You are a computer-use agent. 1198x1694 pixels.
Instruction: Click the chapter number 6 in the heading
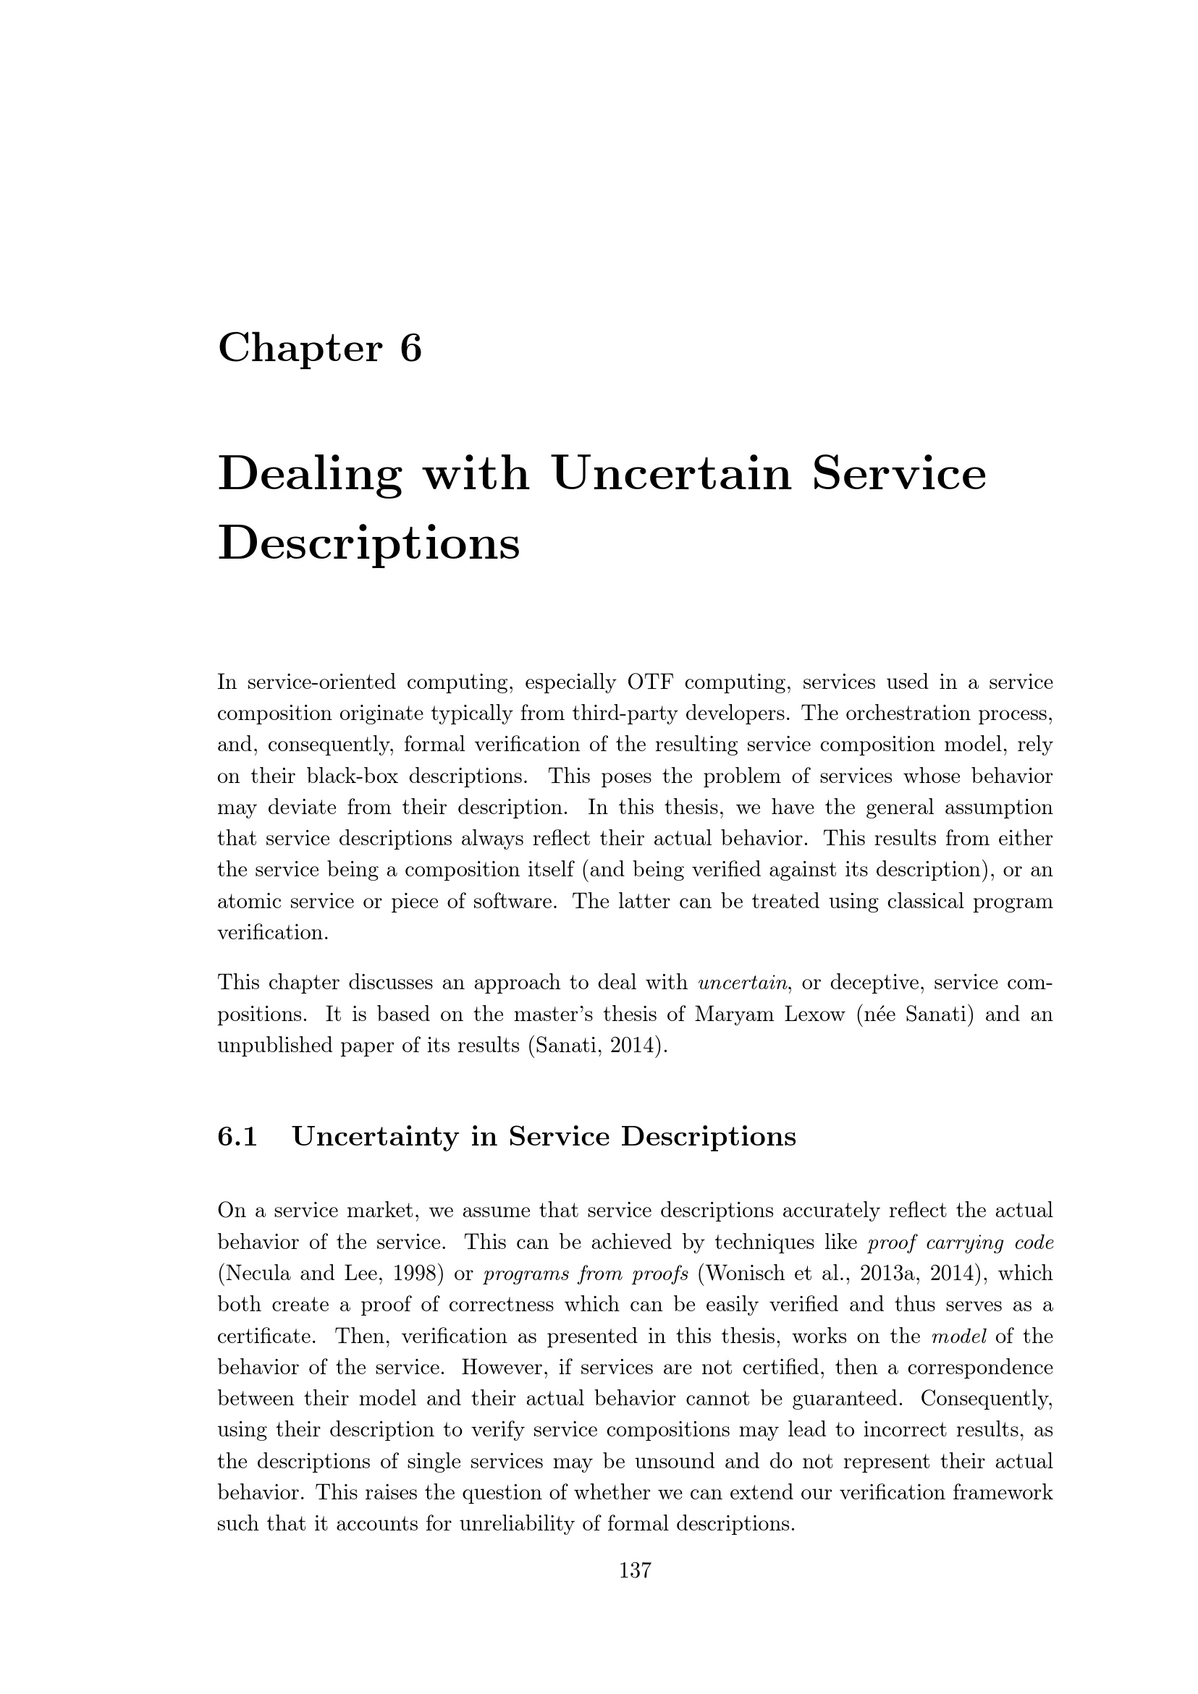click(x=410, y=348)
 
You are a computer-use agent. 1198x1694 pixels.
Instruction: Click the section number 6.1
click(x=237, y=1137)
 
